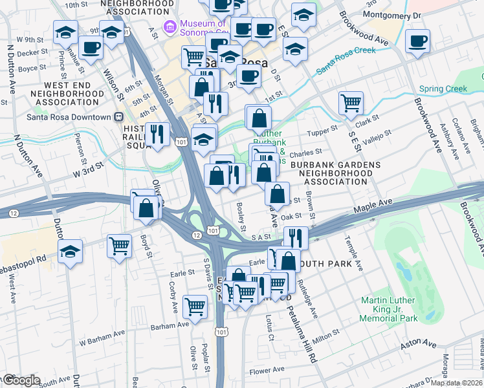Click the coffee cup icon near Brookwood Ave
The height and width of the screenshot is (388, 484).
click(x=417, y=42)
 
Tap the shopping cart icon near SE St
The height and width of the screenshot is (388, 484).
click(x=351, y=102)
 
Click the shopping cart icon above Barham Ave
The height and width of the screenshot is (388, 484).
click(x=195, y=308)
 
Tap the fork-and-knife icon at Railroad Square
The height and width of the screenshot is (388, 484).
click(x=157, y=134)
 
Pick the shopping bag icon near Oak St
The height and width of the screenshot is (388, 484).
click(x=277, y=194)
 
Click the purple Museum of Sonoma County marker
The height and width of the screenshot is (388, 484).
click(x=170, y=27)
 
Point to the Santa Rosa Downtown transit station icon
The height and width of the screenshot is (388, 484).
click(x=118, y=117)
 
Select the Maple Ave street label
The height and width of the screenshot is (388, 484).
click(x=373, y=206)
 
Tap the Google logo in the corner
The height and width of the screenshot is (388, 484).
click(x=21, y=380)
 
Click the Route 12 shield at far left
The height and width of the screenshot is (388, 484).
click(x=13, y=213)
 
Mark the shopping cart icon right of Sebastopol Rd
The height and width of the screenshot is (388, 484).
click(x=120, y=246)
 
